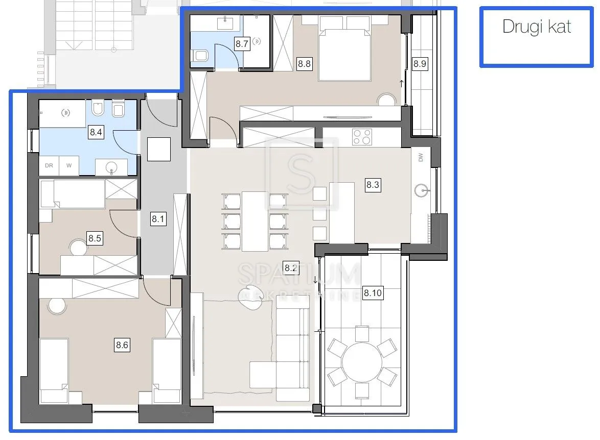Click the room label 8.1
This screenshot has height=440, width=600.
pyautogui.click(x=158, y=218)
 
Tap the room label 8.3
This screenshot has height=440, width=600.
pyautogui.click(x=373, y=185)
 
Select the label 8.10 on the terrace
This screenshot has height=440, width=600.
pyautogui.click(x=373, y=293)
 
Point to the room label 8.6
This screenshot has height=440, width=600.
pyautogui.click(x=122, y=345)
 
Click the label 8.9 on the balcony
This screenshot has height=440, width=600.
pyautogui.click(x=420, y=63)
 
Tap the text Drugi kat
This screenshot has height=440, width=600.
pyautogui.click(x=537, y=27)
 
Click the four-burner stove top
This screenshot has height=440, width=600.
pyautogui.click(x=362, y=137)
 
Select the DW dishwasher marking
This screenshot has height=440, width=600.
pyautogui.click(x=421, y=157)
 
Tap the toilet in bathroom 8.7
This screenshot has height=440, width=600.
pyautogui.click(x=200, y=56)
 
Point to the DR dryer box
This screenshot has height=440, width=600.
pyautogui.click(x=49, y=165)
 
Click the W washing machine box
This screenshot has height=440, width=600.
pyautogui.click(x=69, y=165)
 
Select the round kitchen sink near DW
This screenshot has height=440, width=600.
pyautogui.click(x=422, y=190)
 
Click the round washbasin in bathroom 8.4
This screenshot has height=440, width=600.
pyautogui.click(x=111, y=167)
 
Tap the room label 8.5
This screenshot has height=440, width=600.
pyautogui.click(x=95, y=238)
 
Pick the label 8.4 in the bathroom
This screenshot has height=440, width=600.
pyautogui.click(x=96, y=132)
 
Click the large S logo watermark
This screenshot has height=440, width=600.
pyautogui.click(x=302, y=174)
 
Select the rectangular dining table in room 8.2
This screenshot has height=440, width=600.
pyautogui.click(x=255, y=221)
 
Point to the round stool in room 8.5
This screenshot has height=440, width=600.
pyautogui.click(x=78, y=248)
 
